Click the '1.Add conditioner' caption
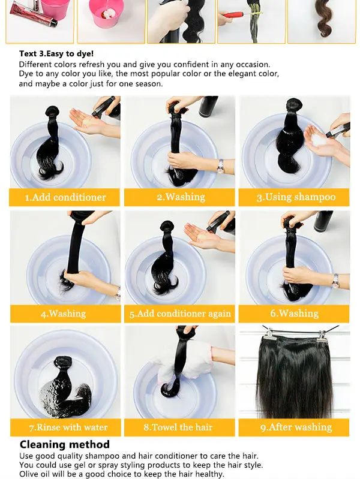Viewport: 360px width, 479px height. coord(65,197)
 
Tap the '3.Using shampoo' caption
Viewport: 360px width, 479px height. coord(296,197)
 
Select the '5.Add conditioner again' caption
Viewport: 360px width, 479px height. coord(180,314)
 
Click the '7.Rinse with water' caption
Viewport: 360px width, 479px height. coord(68,427)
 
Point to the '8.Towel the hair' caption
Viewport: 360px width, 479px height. coord(178,427)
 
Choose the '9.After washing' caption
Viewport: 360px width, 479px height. coord(296,427)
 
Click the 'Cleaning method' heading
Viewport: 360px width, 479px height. coord(65,444)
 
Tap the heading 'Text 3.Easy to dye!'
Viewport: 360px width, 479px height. coord(56,54)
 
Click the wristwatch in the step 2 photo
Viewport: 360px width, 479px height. coord(220,167)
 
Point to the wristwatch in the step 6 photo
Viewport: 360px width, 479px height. coord(335,281)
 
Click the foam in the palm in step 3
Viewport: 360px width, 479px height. coord(319,140)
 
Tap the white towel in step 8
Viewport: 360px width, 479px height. coord(184,362)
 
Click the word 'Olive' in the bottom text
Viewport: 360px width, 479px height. coord(28,474)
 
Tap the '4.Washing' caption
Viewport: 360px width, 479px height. coord(64,314)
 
